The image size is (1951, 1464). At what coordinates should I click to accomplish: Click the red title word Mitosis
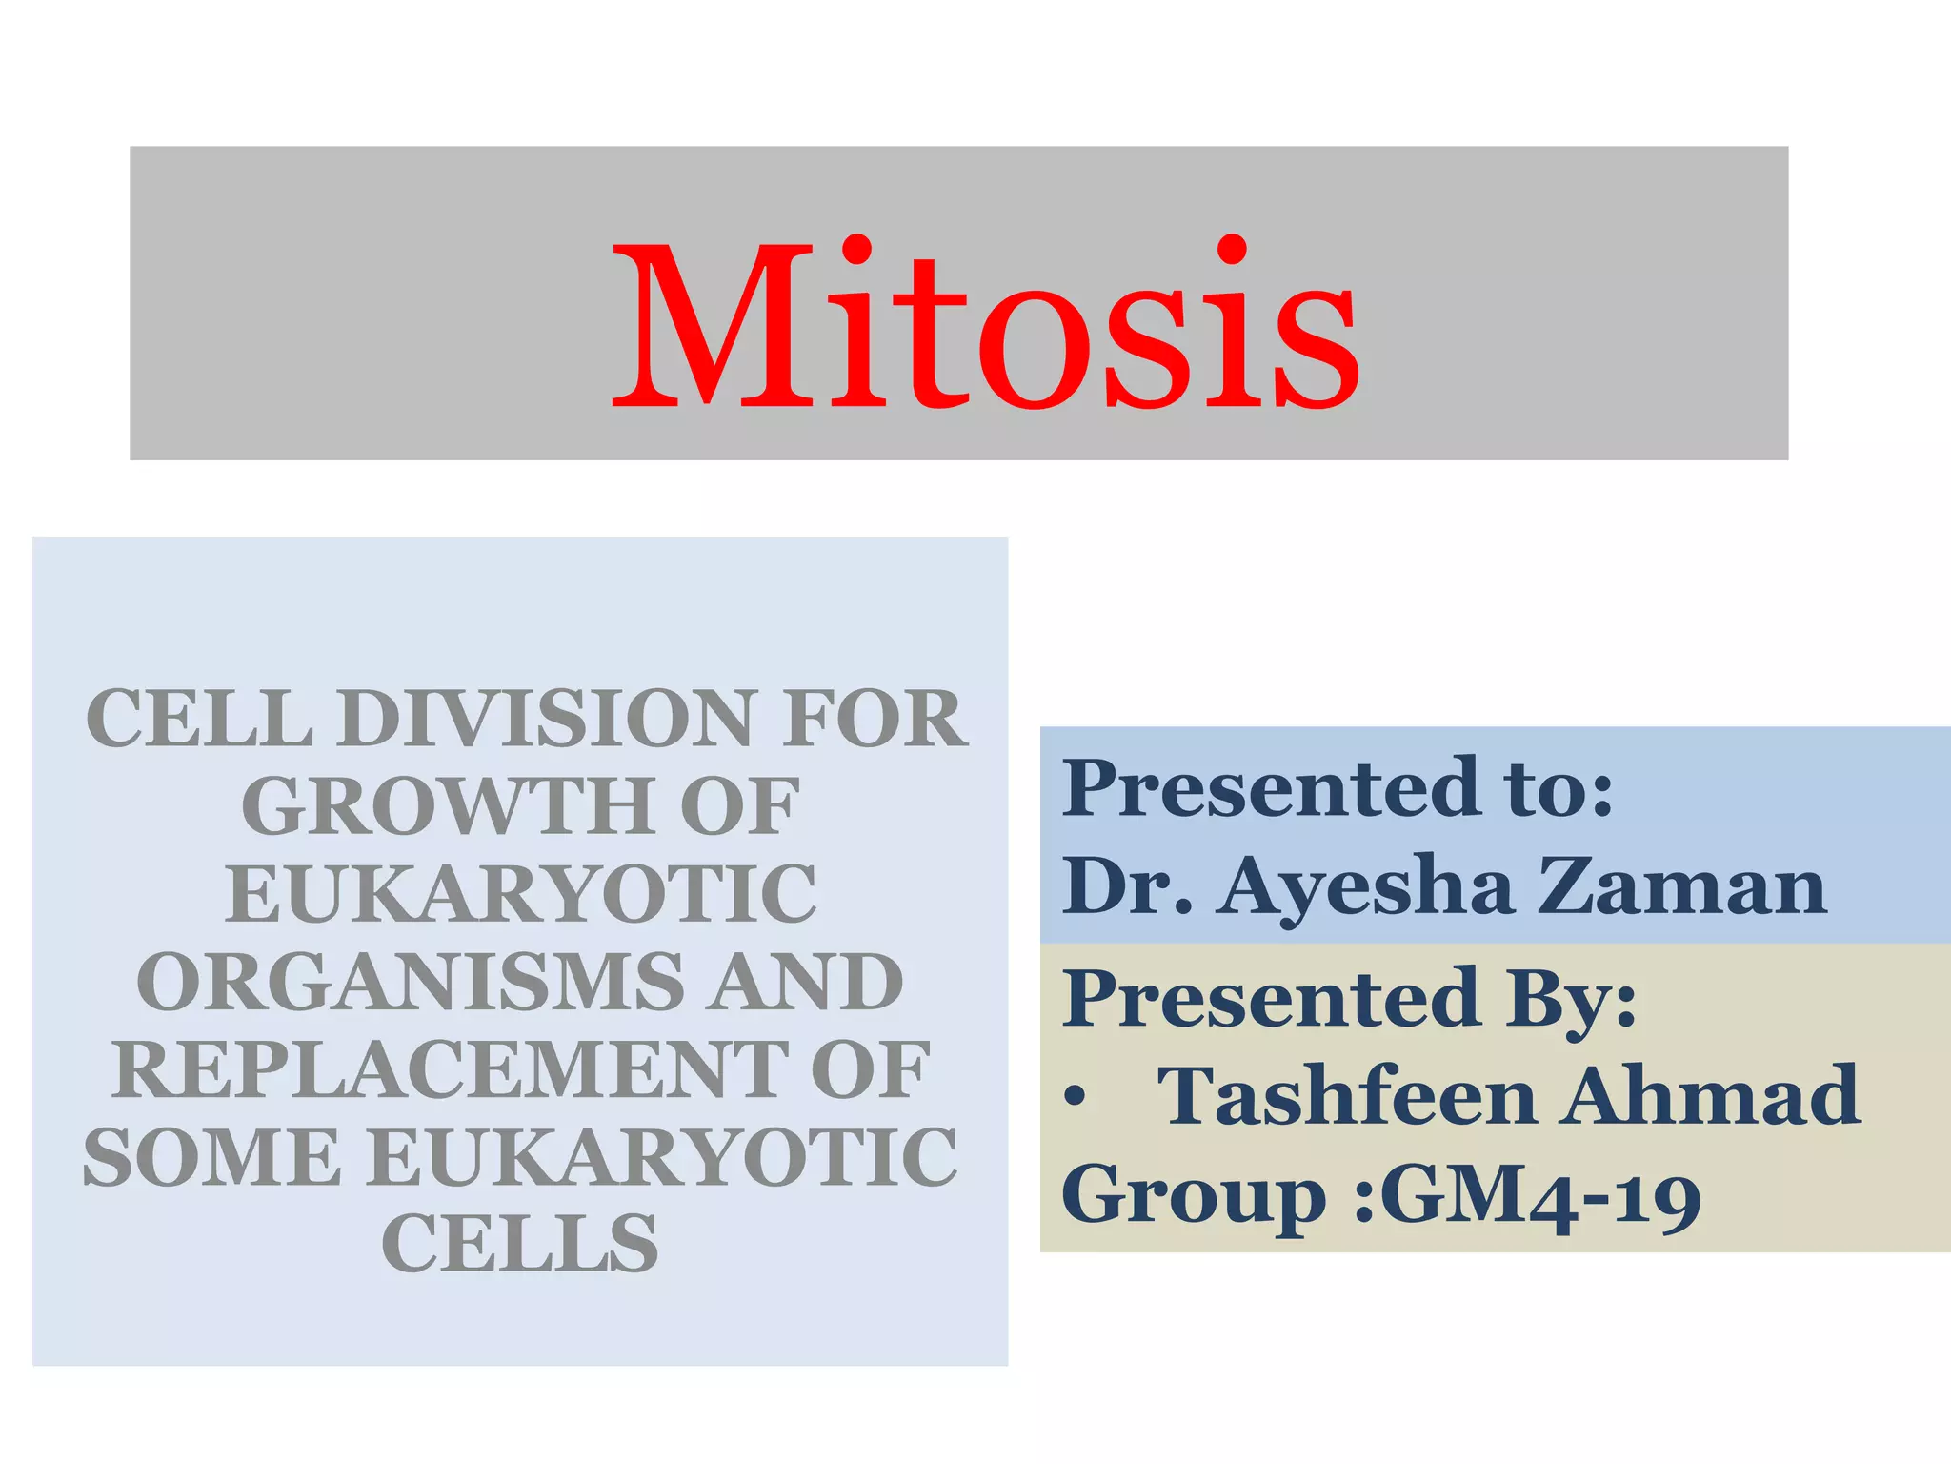(985, 324)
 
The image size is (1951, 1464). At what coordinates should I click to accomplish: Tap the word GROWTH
(448, 807)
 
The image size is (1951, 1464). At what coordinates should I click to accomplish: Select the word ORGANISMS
(411, 983)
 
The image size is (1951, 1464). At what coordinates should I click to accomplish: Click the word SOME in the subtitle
(211, 1158)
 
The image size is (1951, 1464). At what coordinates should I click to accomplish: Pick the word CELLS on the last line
(520, 1245)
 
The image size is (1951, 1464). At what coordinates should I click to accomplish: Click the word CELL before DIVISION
(199, 719)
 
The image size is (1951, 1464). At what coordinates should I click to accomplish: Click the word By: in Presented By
(1571, 999)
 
